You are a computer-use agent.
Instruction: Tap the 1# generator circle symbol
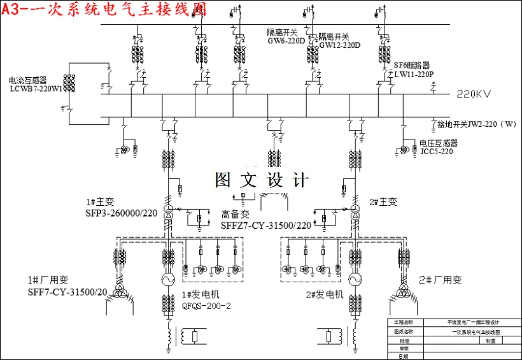pyautogui.click(x=168, y=281)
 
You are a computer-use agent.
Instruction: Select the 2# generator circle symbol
pyautogui.click(x=354, y=281)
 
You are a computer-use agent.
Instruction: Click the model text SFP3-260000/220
pyautogui.click(x=121, y=212)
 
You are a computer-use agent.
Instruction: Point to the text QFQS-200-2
pyautogui.click(x=206, y=306)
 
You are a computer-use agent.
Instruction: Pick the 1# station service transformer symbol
pyautogui.click(x=119, y=291)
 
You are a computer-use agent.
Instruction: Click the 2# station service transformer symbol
pyautogui.click(x=403, y=291)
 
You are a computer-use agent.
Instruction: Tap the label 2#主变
pyautogui.click(x=383, y=202)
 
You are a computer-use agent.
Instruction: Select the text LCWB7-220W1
pyautogui.click(x=36, y=89)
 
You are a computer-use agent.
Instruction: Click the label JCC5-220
pyautogui.click(x=436, y=152)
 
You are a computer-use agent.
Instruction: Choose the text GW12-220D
pyautogui.click(x=339, y=45)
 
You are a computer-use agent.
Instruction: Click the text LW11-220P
pyautogui.click(x=413, y=74)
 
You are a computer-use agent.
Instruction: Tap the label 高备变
pyautogui.click(x=235, y=215)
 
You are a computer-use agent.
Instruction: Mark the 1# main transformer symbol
pyautogui.click(x=168, y=213)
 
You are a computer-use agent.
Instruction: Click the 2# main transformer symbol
pyautogui.click(x=354, y=213)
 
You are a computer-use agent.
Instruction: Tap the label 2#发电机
pyautogui.click(x=324, y=295)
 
